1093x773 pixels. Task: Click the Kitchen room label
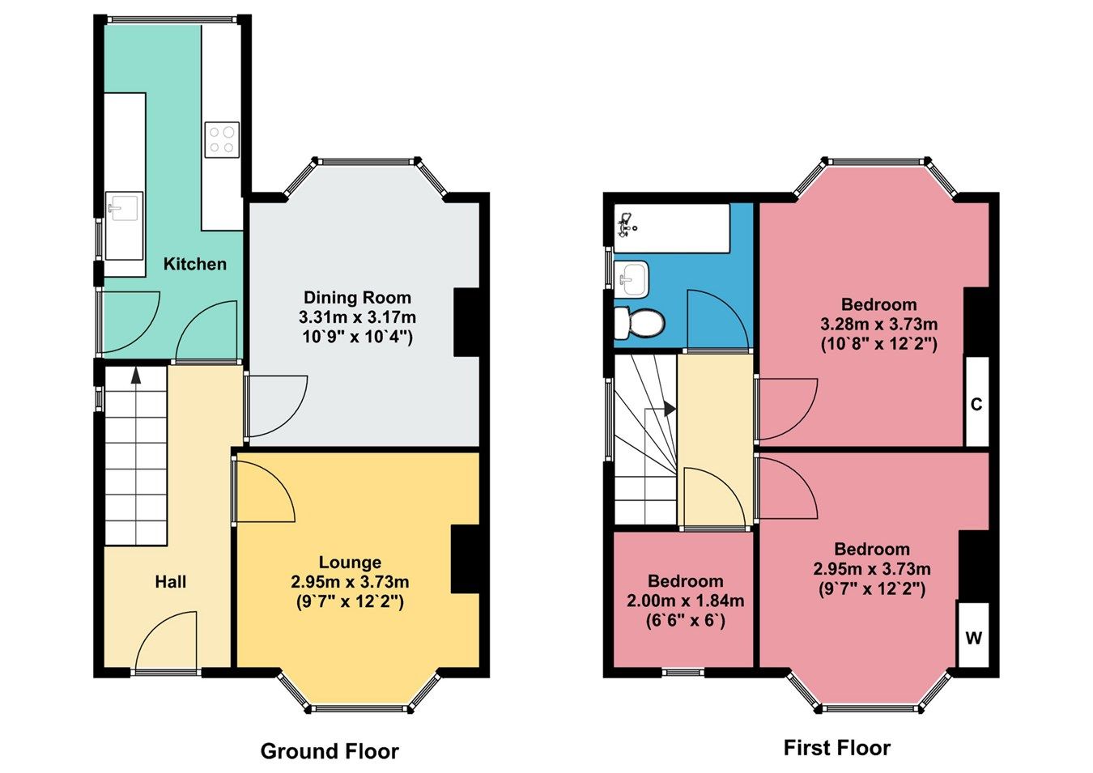tap(194, 264)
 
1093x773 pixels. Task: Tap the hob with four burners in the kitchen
tap(222, 138)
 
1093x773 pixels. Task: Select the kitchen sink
tap(124, 209)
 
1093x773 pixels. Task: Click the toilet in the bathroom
tap(640, 323)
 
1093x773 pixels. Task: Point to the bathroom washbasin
tap(632, 278)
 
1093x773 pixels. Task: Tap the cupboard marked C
tap(976, 403)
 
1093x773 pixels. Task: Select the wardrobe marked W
tap(973, 637)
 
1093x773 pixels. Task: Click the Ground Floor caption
tap(330, 751)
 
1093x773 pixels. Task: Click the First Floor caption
tap(836, 748)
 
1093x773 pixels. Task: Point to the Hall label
tap(171, 581)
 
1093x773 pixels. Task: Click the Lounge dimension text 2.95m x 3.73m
tap(350, 582)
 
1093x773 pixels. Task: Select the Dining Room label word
tap(357, 297)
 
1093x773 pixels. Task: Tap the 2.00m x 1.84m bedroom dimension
tap(685, 601)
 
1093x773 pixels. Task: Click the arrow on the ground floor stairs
tap(135, 374)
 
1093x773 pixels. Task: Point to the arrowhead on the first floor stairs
tap(670, 410)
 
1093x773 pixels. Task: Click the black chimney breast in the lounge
tap(466, 559)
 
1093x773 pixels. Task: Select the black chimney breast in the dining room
tap(467, 322)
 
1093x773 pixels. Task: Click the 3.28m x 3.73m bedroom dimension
tap(878, 324)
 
